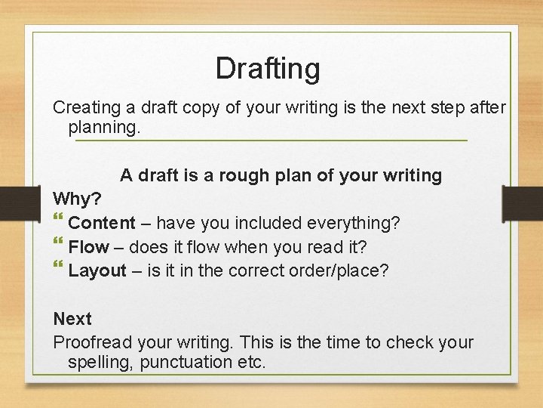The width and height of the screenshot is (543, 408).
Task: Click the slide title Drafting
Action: pos(267,69)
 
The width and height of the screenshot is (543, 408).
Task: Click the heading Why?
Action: pos(76,199)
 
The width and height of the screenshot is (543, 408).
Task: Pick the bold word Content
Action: pos(102,224)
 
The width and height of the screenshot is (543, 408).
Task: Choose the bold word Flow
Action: pos(88,247)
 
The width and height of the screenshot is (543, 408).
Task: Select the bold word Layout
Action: pos(97,270)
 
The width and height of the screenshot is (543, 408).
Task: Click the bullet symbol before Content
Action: pos(59,222)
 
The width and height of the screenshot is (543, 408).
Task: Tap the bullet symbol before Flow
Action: pos(59,246)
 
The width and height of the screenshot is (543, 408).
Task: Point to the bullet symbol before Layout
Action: pos(59,269)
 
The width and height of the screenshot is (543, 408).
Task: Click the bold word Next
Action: pos(72,319)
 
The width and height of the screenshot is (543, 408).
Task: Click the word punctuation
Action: pos(180,362)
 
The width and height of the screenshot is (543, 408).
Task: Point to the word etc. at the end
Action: pos(250,362)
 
